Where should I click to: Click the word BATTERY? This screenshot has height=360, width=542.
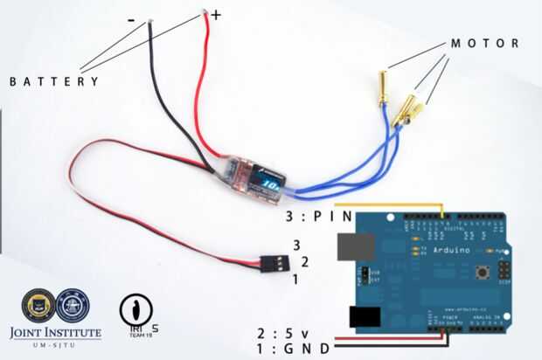click(x=54, y=81)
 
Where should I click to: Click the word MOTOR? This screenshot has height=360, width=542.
click(x=484, y=43)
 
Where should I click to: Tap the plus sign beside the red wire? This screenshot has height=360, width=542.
click(x=216, y=15)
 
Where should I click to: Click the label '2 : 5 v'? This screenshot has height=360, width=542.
click(x=284, y=333)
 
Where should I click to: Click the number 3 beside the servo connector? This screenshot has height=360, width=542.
click(x=296, y=246)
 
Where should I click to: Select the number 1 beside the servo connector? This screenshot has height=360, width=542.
click(x=295, y=279)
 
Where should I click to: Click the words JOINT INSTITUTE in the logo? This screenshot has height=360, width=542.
click(x=55, y=333)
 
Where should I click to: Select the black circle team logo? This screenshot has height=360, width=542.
click(x=135, y=309)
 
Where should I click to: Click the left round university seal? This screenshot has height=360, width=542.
click(x=38, y=305)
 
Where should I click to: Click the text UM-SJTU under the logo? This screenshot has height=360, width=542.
click(x=55, y=347)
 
